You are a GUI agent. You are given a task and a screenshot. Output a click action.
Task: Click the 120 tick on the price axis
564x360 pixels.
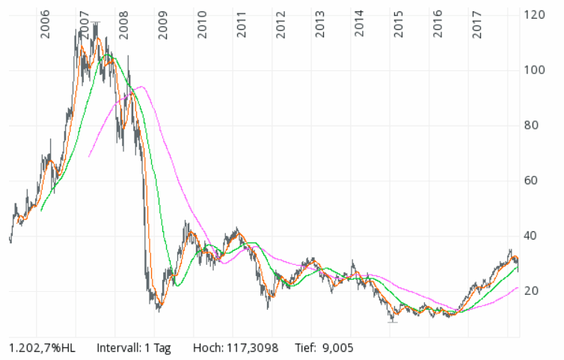coord(533,15)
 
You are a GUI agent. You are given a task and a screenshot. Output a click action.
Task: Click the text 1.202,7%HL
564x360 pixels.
coord(42,348)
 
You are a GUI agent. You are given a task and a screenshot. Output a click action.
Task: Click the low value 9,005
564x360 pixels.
coord(337,348)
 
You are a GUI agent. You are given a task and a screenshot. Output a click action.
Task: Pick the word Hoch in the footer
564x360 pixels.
coord(207,348)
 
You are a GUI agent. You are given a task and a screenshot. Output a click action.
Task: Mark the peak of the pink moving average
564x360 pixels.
coord(141,87)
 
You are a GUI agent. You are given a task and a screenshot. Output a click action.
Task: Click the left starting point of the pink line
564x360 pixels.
coord(89,156)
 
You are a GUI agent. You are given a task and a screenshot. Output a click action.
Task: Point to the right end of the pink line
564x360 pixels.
coord(518,287)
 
